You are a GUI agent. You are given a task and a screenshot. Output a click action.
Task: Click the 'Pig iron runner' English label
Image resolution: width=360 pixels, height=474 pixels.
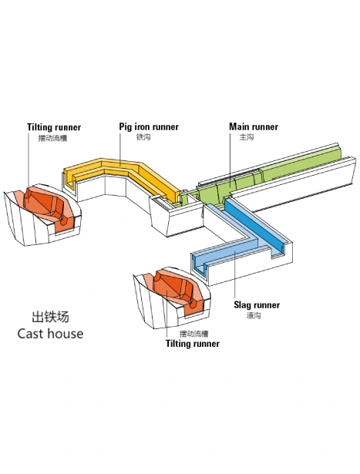click(149, 126)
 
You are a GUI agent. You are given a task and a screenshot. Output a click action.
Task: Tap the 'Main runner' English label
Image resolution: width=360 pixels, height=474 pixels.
click(254, 126)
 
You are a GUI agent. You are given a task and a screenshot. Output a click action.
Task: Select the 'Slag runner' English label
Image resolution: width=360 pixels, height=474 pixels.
click(257, 304)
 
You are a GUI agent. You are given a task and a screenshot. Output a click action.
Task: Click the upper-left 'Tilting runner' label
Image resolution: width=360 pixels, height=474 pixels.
click(54, 127)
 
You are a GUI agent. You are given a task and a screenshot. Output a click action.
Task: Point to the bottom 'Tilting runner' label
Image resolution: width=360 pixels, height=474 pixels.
click(193, 344)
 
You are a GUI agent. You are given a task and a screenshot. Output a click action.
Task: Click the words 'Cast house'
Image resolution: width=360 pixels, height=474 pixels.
click(50, 334)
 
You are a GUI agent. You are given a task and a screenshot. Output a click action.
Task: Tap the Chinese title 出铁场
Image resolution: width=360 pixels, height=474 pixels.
click(50, 317)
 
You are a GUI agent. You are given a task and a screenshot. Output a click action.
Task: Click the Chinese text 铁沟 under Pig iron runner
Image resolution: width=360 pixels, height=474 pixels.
click(143, 137)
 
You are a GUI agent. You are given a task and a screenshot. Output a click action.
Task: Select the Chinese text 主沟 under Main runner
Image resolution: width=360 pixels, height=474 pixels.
click(247, 137)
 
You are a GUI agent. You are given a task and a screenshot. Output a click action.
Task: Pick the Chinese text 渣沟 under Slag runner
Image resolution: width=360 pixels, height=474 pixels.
click(254, 315)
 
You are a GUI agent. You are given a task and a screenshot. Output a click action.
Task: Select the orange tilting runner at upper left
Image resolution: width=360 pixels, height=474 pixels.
click(50, 206)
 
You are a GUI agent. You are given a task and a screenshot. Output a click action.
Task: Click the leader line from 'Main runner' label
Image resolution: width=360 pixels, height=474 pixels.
click(230, 160)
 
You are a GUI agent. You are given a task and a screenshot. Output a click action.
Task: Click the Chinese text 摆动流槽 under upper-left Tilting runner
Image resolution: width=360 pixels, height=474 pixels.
click(52, 138)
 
